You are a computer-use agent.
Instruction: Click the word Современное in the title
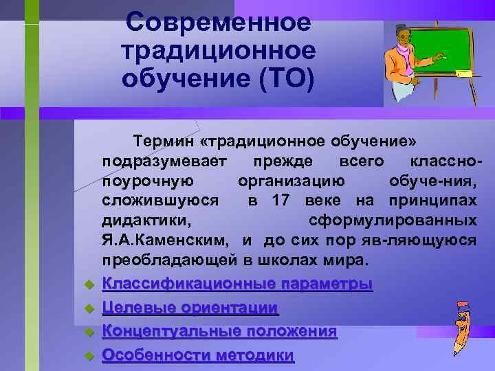click(x=219, y=22)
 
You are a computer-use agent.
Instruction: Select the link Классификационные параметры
click(x=237, y=284)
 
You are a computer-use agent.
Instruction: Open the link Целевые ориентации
click(x=190, y=308)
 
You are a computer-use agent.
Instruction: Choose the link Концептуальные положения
click(x=219, y=331)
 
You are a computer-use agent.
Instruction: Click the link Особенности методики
click(x=198, y=355)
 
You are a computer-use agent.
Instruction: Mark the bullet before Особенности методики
click(x=88, y=356)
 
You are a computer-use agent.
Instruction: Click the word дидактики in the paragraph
click(x=146, y=221)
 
